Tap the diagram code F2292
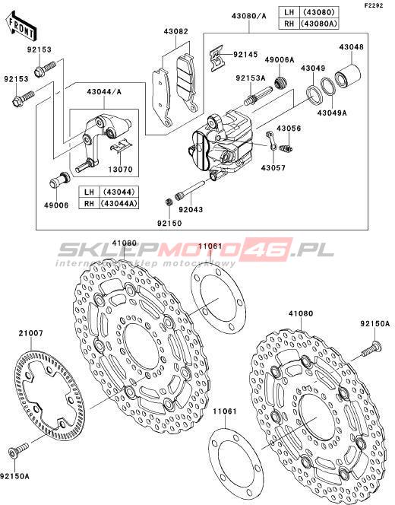point(374,5)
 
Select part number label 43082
point(175,32)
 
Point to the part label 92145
point(245,55)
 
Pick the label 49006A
point(280,60)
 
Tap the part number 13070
point(120,169)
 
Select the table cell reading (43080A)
point(319,23)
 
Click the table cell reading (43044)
point(119,192)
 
